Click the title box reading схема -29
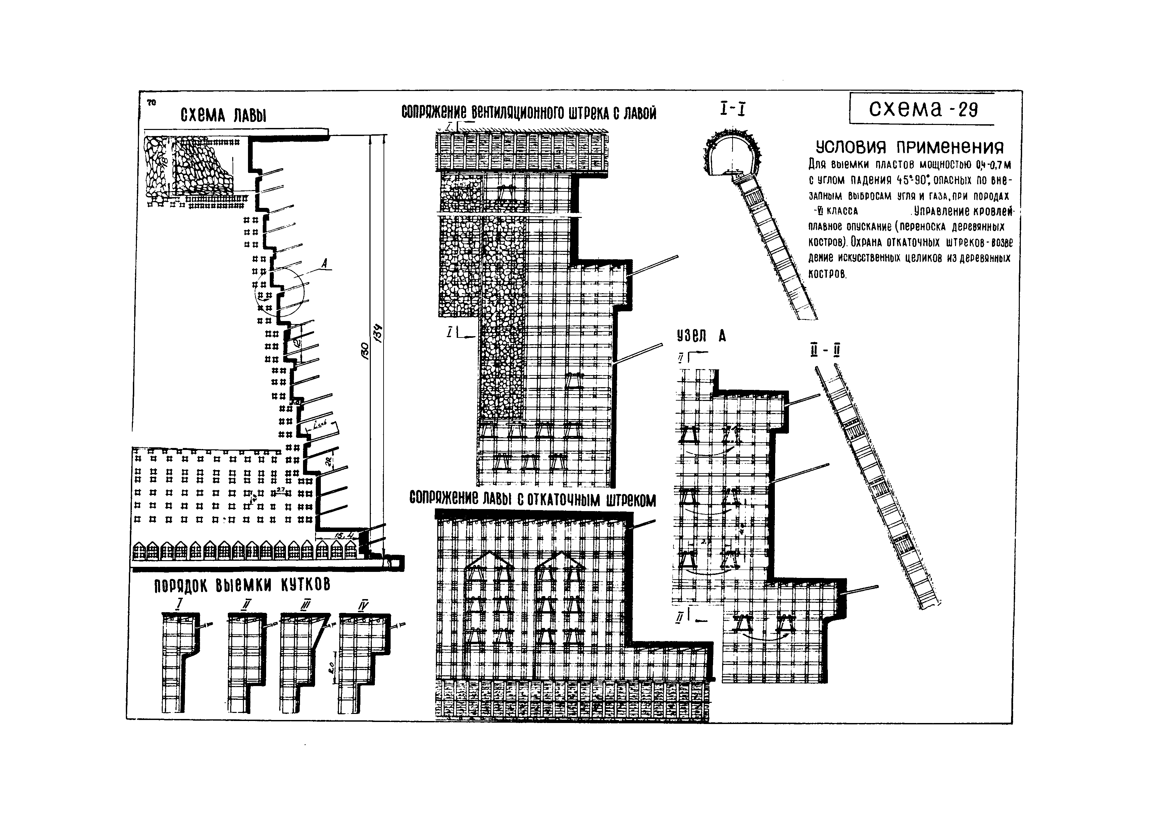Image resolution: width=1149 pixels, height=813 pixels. [x=922, y=109]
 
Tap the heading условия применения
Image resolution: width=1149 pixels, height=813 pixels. [x=910, y=147]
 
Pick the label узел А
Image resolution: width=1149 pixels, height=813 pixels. [x=701, y=335]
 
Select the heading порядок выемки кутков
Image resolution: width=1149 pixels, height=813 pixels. [x=242, y=585]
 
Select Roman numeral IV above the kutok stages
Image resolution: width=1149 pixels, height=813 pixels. [x=363, y=605]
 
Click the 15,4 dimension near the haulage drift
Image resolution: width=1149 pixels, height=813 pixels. [x=344, y=536]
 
